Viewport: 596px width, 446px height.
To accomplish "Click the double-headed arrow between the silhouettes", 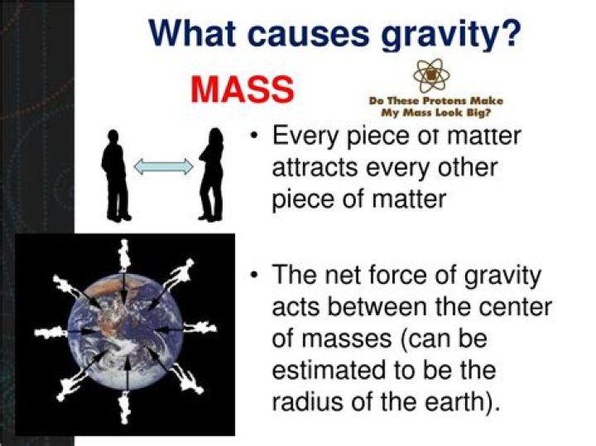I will point(163,167).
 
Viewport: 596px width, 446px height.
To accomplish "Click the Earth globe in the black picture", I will point(124,338).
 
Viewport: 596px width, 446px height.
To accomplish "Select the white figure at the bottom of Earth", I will point(124,407).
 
